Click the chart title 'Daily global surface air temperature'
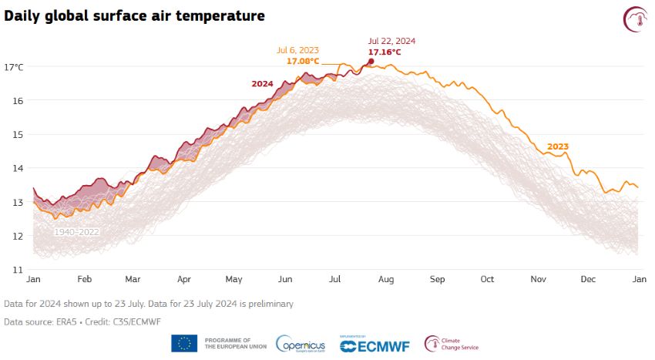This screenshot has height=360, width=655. [x=135, y=15]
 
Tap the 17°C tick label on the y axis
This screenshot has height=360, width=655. [x=15, y=67]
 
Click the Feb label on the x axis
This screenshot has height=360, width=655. [x=84, y=281]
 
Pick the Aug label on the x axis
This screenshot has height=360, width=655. [x=386, y=281]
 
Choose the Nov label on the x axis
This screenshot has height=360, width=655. [x=537, y=281]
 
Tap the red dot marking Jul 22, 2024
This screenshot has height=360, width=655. [x=371, y=61]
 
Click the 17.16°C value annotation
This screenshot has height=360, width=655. [x=384, y=52]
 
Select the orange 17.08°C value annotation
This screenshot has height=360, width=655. [x=303, y=61]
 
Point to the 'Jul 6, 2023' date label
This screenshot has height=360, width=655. [x=298, y=50]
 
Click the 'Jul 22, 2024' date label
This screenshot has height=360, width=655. [x=391, y=42]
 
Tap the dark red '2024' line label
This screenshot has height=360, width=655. [x=264, y=83]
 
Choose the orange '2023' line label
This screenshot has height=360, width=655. [x=558, y=146]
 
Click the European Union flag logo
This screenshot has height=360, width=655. [x=184, y=343]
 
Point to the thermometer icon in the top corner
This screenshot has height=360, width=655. [x=636, y=19]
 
